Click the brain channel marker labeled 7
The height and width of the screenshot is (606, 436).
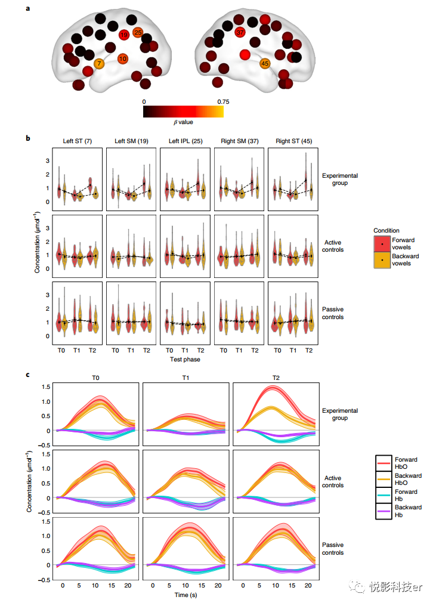pos(99,64)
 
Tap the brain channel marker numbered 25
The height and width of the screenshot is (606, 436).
pos(138,32)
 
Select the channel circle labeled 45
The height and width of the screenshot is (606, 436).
pos(265,63)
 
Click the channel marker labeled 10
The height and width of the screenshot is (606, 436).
pos(123,58)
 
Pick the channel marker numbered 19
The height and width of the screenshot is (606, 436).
pos(124,35)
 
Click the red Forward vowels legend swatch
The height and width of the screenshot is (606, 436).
pos(382,243)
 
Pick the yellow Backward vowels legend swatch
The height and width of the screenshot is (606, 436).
pos(382,260)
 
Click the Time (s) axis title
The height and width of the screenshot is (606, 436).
pos(185,595)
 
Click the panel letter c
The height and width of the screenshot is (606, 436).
pos(28,375)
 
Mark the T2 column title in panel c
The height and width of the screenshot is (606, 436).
pos(276,378)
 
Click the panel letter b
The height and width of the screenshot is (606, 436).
pos(28,138)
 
